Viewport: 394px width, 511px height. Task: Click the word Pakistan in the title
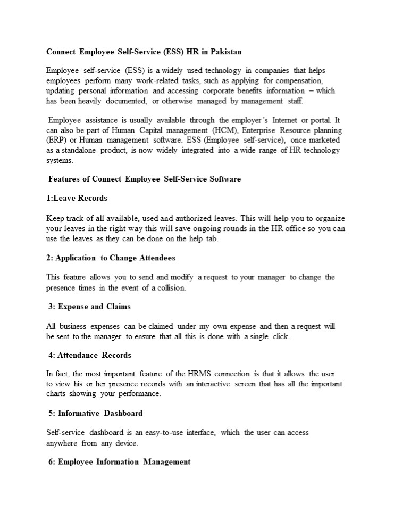226,52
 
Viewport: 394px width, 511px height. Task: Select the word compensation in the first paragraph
300,81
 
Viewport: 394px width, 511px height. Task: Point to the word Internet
287,120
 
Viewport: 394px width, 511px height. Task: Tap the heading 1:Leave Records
77,199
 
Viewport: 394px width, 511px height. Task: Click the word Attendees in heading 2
157,258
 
